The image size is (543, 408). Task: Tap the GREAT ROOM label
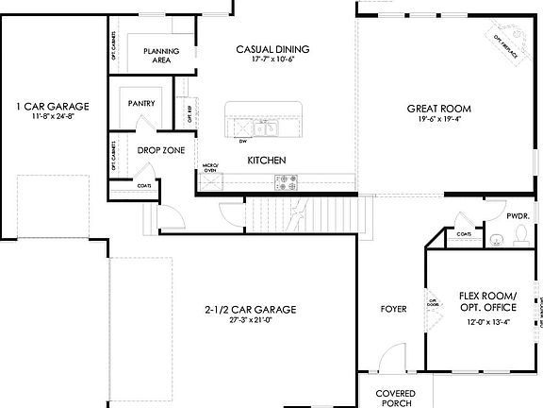pyautogui.click(x=438, y=109)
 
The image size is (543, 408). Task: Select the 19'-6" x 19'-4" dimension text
pyautogui.click(x=438, y=120)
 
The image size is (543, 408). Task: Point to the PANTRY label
pyautogui.click(x=142, y=104)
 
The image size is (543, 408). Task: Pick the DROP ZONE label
pyautogui.click(x=160, y=149)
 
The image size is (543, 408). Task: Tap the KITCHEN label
pyautogui.click(x=267, y=161)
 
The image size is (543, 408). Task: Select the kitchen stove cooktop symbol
pyautogui.click(x=287, y=178)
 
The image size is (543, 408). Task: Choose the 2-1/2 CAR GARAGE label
pyautogui.click(x=251, y=309)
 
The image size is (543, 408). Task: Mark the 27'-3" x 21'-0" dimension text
pyautogui.click(x=251, y=320)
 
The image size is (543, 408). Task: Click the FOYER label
pyautogui.click(x=393, y=309)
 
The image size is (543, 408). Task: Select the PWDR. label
pyautogui.click(x=518, y=216)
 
